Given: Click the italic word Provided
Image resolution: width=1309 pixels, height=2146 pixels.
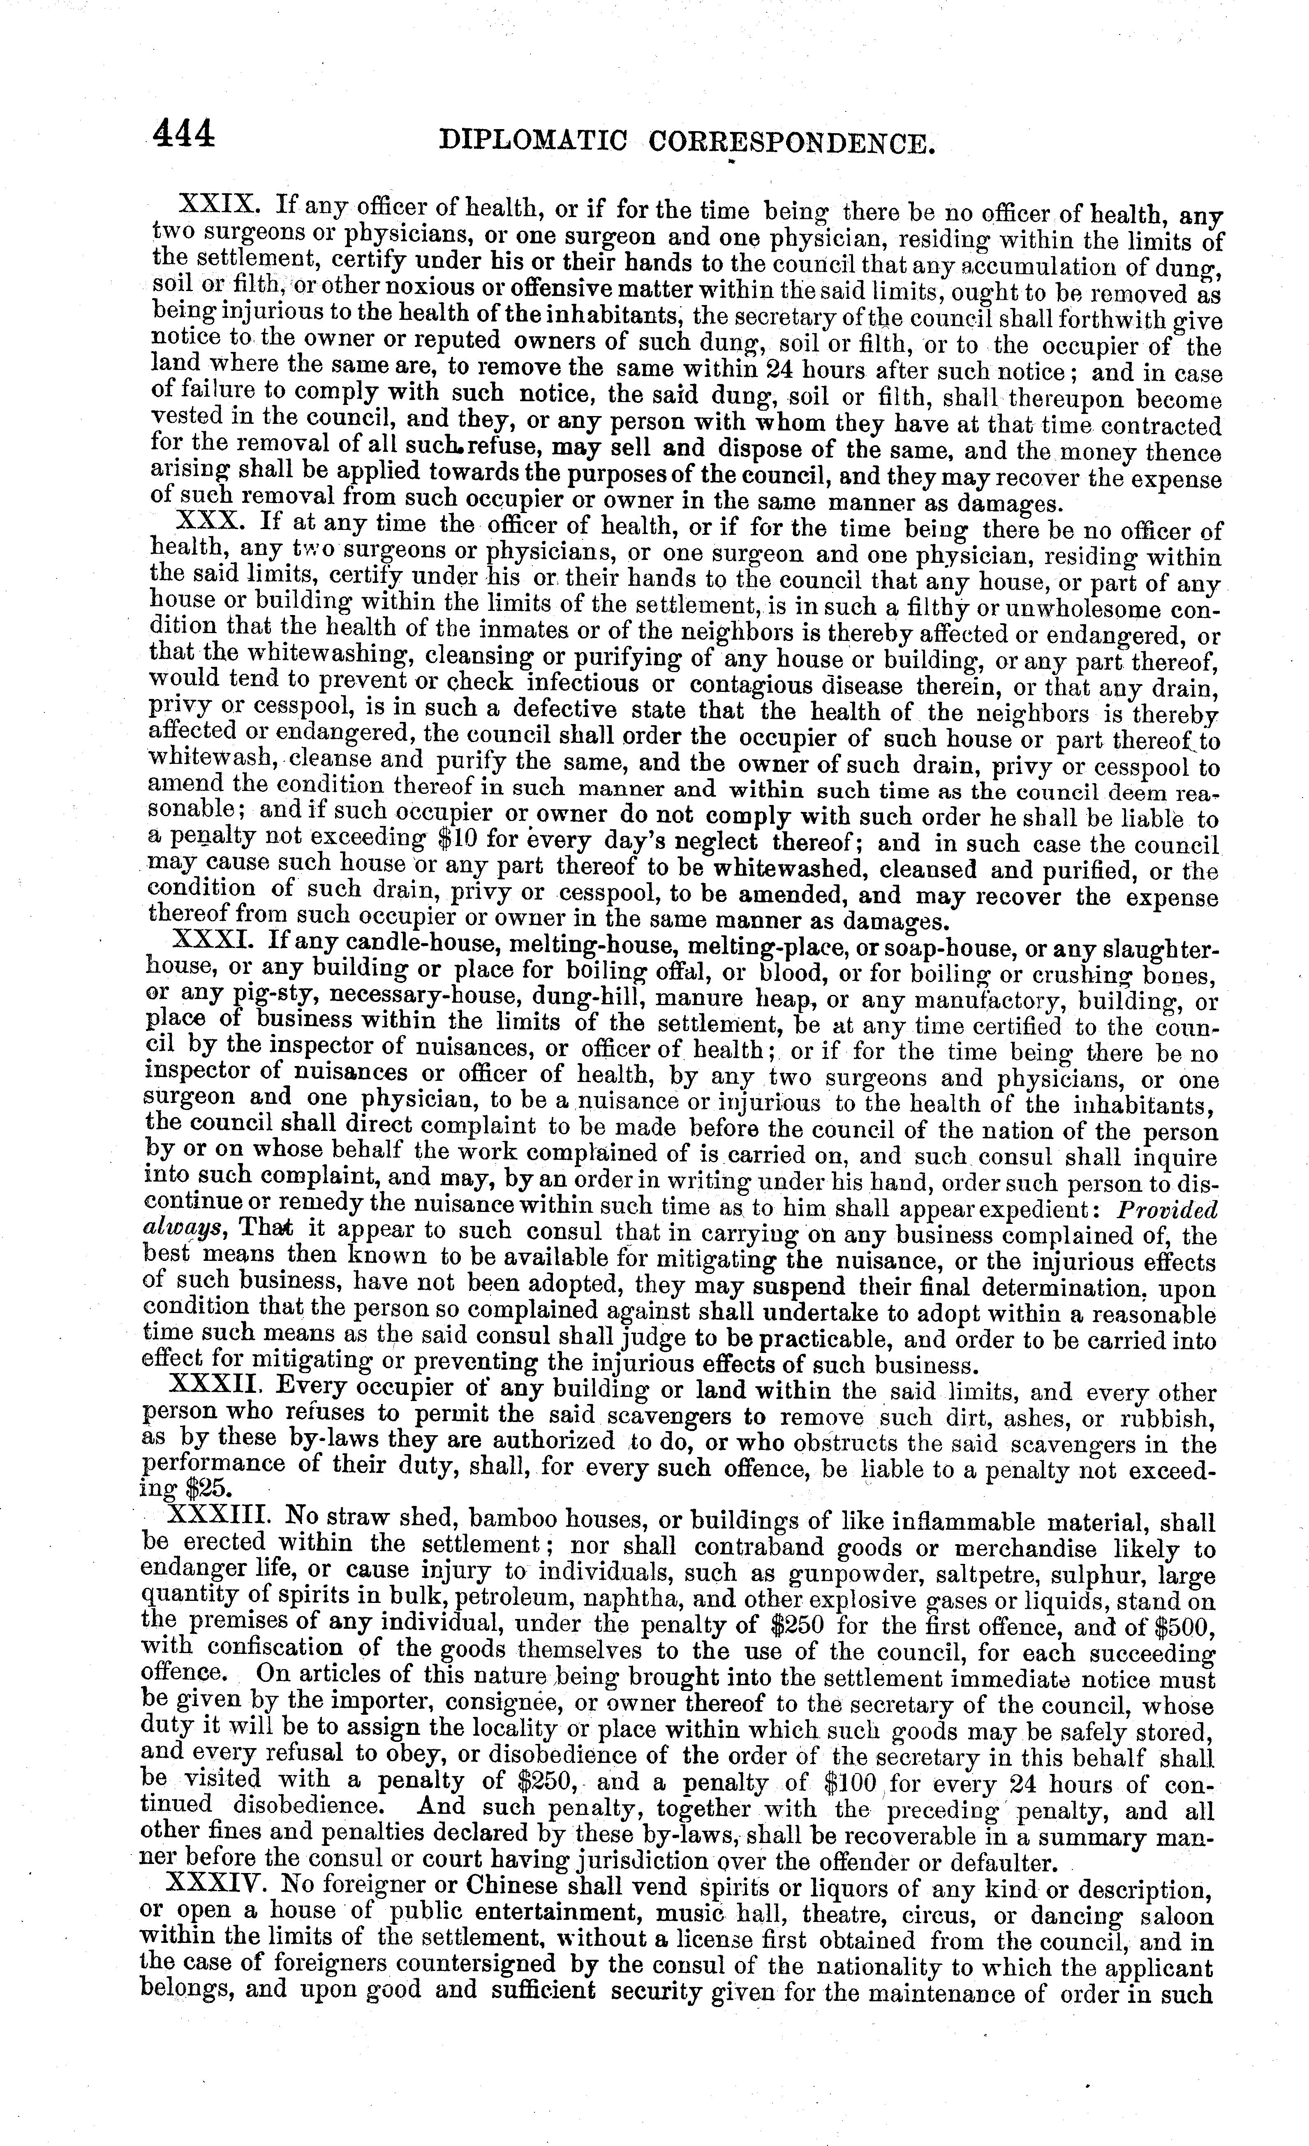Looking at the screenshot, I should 1167,1210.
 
